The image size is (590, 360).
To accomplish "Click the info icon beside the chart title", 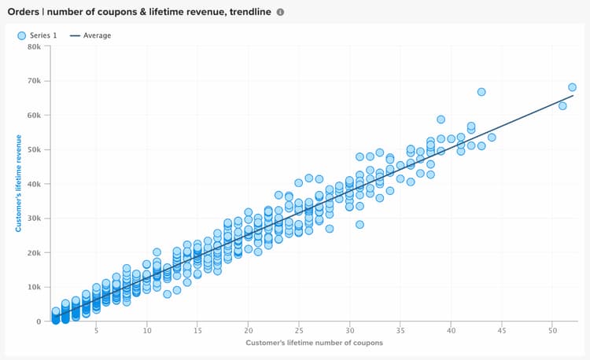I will (280, 12).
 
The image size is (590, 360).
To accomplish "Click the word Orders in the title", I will (24, 12).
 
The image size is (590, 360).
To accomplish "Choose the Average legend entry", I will (90, 35).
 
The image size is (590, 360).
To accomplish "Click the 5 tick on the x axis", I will (96, 332).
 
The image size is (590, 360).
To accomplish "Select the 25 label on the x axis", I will (299, 332).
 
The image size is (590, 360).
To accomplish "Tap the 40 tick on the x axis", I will (451, 332).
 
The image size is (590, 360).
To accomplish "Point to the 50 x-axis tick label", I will (552, 332).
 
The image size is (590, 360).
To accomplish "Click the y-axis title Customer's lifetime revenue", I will (17, 184).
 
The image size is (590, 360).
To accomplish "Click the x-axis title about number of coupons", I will (314, 344).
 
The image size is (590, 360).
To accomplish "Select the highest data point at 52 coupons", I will (572, 87).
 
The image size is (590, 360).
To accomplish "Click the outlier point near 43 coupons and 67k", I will (481, 92).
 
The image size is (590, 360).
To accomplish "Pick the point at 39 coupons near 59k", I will (441, 119).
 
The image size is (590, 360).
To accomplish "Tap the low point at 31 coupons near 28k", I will (360, 225).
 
